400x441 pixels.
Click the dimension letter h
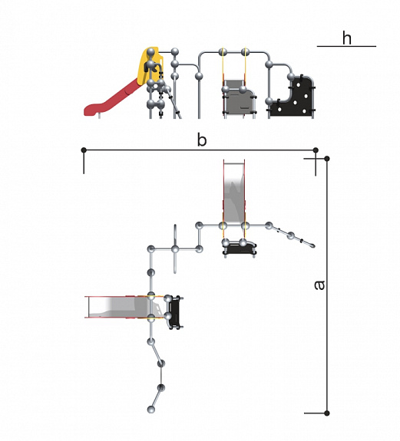point(347,38)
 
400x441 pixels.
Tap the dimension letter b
point(202,140)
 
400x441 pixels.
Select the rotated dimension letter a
point(319,285)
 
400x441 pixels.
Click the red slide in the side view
point(113,98)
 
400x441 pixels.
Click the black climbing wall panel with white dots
point(294,98)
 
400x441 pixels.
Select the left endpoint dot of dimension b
point(84,150)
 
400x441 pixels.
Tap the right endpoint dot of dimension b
point(316,150)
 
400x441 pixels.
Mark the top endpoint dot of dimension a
point(327,159)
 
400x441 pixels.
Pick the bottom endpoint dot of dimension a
point(327,413)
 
